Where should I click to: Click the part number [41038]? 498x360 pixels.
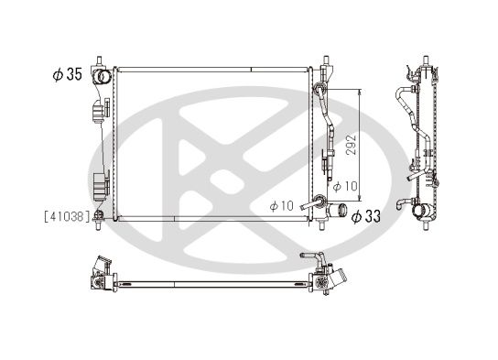67,216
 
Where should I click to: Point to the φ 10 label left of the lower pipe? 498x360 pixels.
281,205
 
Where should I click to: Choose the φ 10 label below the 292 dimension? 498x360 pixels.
344,186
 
